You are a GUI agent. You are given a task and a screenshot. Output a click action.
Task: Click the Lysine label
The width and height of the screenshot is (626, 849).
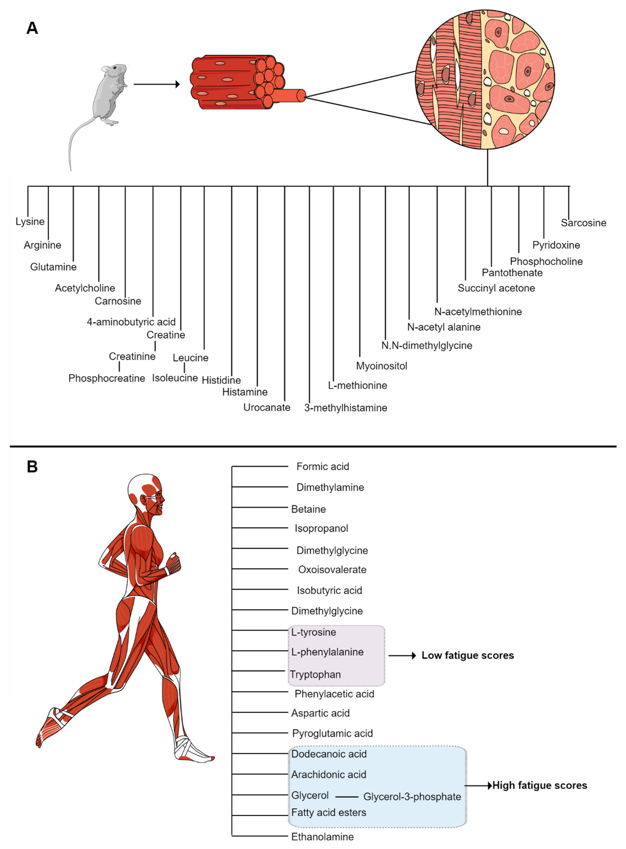point(30,221)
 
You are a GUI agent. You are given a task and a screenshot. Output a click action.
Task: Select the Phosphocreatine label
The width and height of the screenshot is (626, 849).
point(107,378)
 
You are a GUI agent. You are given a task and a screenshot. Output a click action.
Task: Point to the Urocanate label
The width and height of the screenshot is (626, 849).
point(267,408)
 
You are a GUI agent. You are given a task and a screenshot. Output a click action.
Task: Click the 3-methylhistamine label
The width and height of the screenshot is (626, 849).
point(346,408)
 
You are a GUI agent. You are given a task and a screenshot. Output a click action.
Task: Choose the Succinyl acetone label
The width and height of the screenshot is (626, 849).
point(496,288)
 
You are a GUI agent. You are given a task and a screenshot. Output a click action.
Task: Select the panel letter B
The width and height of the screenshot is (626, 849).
point(32,467)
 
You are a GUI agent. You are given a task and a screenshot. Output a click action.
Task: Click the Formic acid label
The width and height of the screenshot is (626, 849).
point(322,467)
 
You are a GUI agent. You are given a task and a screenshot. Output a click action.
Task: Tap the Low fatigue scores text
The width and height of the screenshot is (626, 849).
point(468,656)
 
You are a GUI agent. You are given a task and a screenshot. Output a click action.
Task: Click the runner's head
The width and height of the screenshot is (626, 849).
point(148,493)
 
